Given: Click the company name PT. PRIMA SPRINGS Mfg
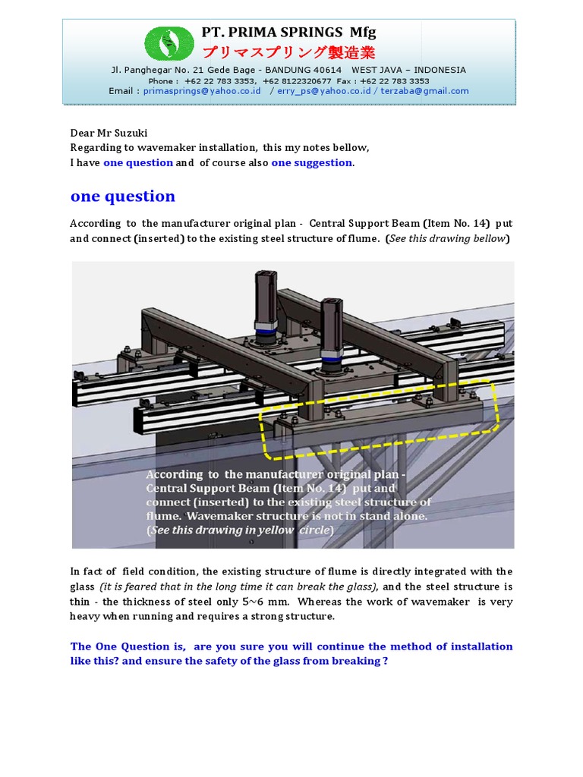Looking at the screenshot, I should (x=288, y=33).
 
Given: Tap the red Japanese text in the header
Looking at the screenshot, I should (x=288, y=52).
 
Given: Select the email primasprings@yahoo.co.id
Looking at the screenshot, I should (x=202, y=91).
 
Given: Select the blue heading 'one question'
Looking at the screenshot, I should (x=123, y=197).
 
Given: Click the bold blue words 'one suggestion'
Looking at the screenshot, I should (x=311, y=162).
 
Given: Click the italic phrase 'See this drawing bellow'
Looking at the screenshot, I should (x=448, y=238).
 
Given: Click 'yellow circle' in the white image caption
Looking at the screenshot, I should (x=292, y=530).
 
